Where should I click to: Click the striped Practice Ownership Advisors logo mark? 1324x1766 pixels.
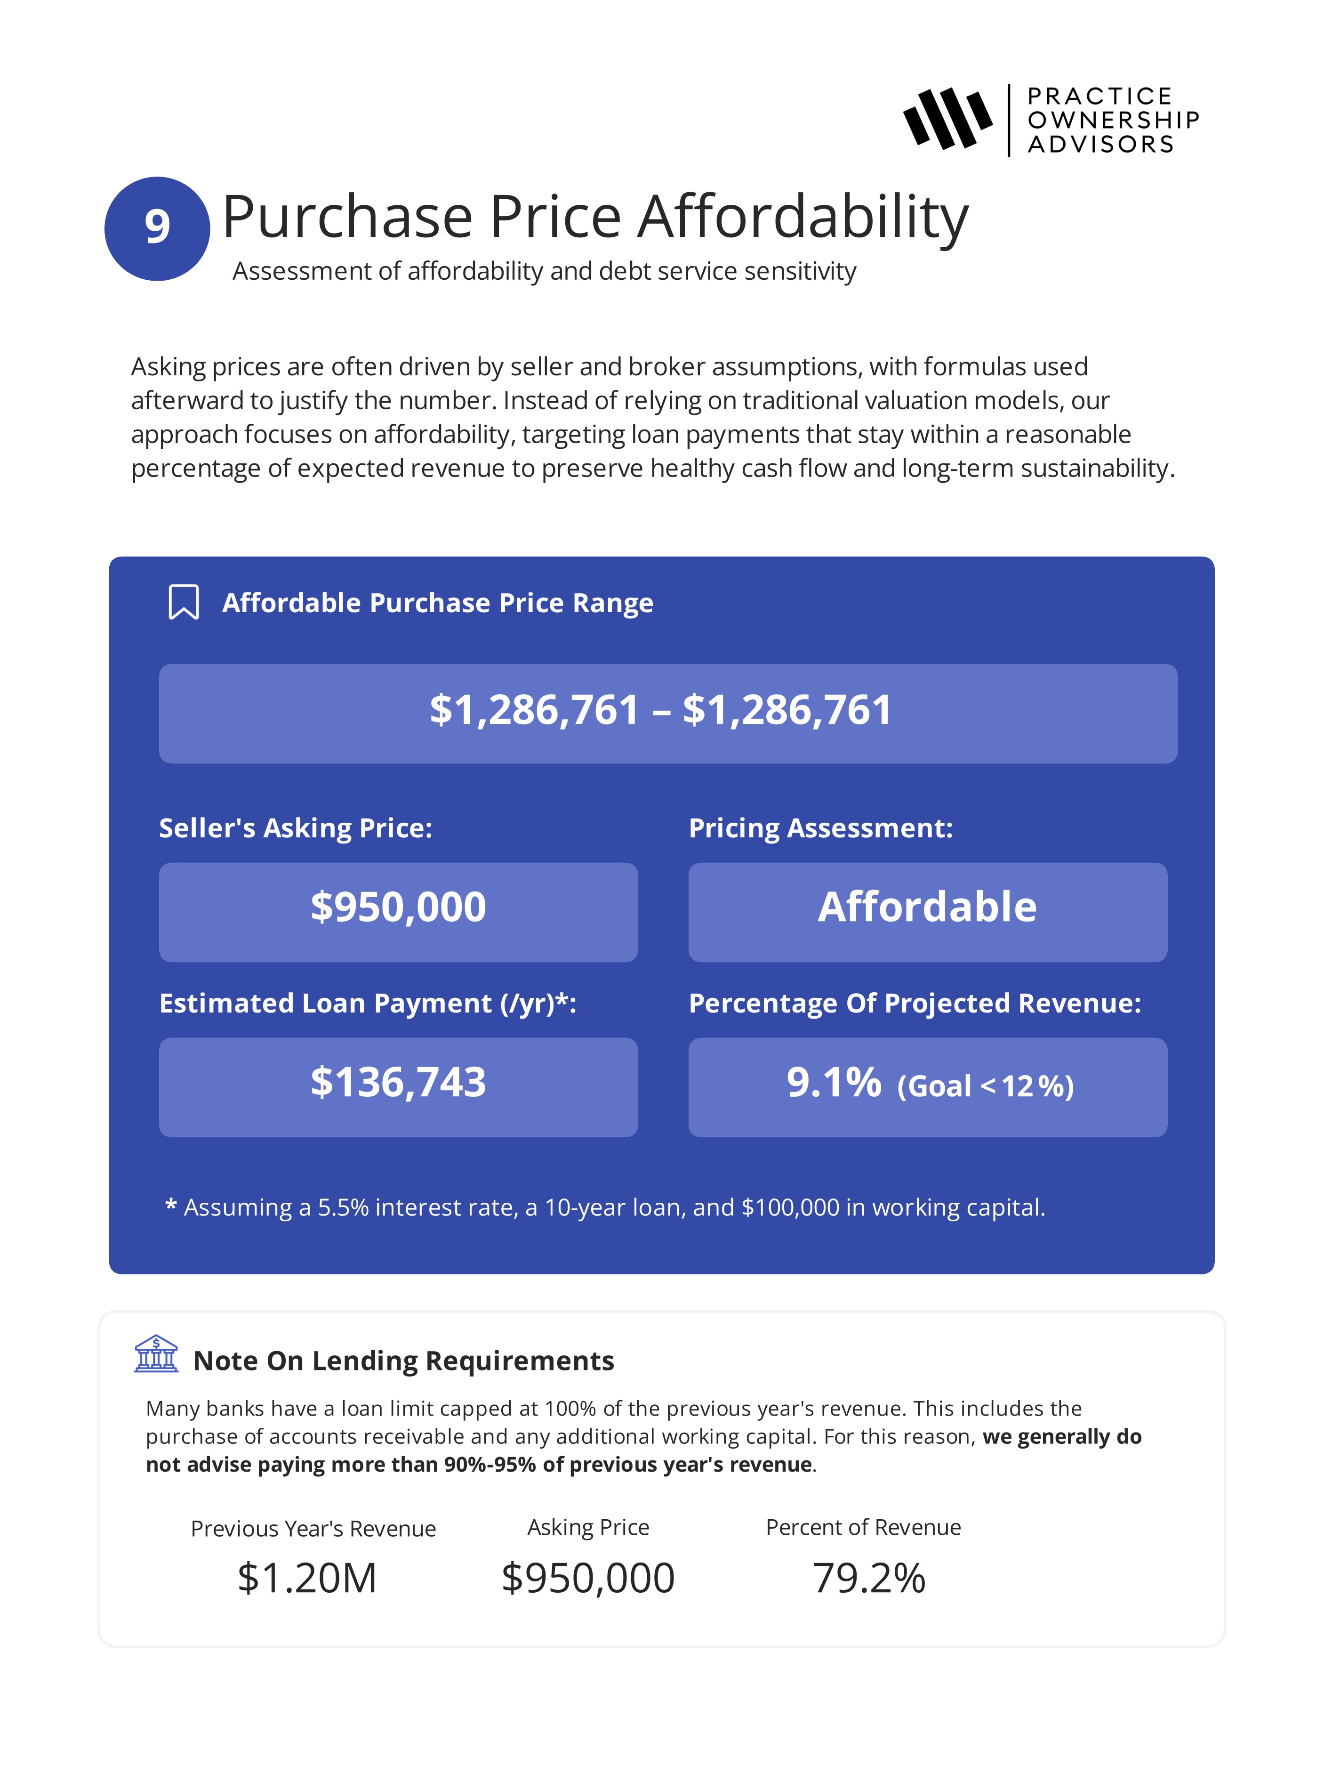(947, 120)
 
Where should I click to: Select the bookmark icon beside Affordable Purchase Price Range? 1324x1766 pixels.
(184, 602)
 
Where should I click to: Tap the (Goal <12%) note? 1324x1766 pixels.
(986, 1086)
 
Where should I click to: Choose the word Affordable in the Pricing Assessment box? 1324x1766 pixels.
(927, 908)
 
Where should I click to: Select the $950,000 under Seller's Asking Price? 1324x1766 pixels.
(398, 908)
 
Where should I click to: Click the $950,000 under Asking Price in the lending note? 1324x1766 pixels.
(588, 1579)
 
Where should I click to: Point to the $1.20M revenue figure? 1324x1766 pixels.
(307, 1579)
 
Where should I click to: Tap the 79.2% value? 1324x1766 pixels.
(869, 1579)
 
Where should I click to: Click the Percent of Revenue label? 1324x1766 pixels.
(863, 1527)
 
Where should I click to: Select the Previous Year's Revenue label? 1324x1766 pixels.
(313, 1529)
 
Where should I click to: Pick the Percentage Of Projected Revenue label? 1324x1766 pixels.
(915, 1004)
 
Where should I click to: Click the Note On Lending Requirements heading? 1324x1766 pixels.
(404, 1361)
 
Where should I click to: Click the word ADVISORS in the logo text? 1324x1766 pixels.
(1100, 145)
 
